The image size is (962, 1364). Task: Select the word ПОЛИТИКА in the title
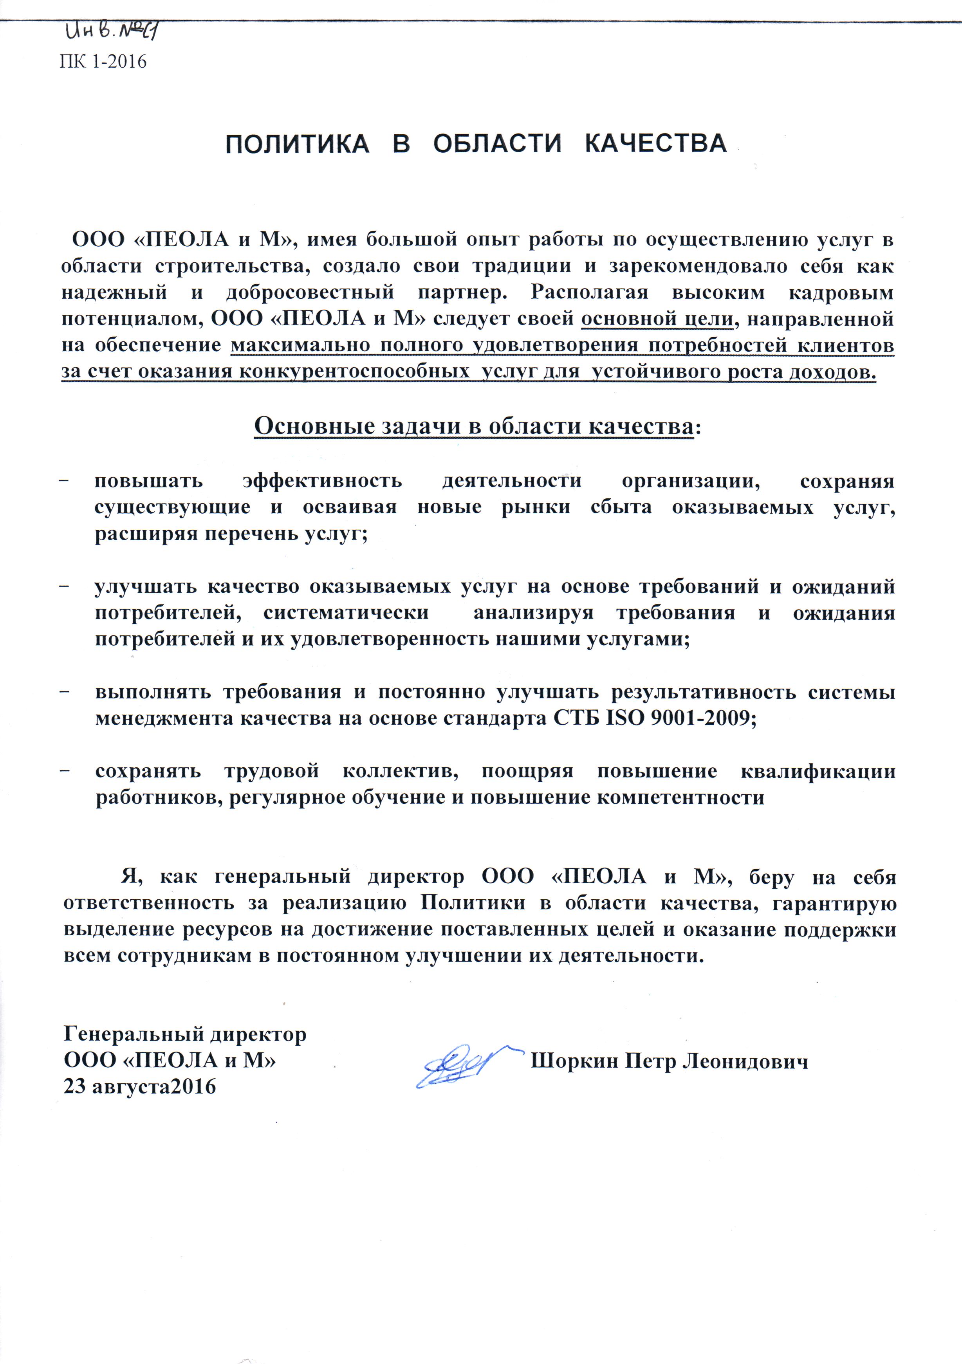coord(297,144)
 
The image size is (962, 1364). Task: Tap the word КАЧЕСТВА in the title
coord(655,144)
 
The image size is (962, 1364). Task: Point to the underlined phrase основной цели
coord(657,319)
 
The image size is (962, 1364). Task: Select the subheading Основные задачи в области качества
coord(474,427)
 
